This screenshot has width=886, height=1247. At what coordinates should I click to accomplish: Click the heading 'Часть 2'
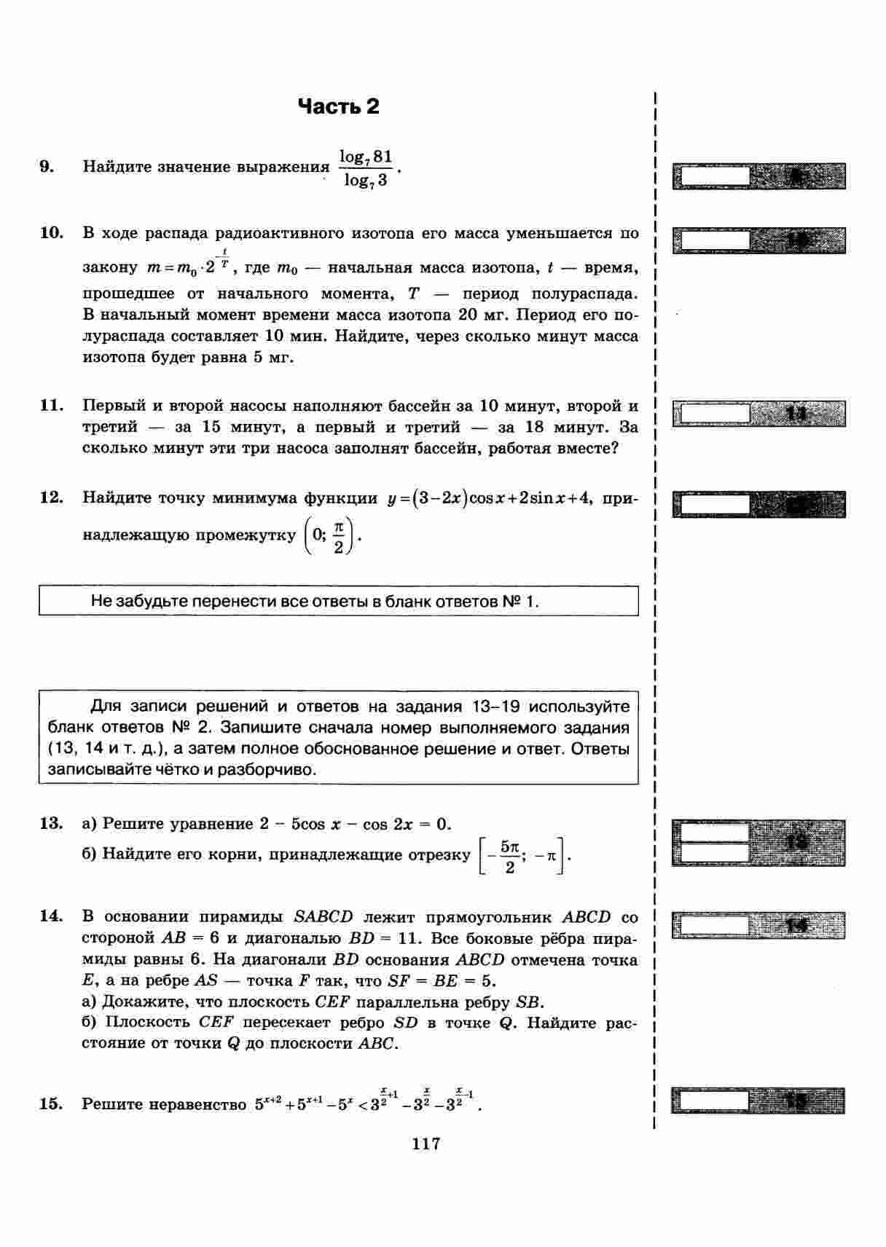pos(339,107)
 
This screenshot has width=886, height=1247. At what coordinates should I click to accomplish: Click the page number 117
pos(426,1144)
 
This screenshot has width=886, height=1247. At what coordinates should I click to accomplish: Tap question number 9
pos(47,167)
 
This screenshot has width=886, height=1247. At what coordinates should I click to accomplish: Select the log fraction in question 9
pos(366,168)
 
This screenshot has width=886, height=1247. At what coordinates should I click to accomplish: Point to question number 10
pos(51,233)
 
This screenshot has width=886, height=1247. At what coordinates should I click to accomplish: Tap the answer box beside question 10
pos(713,240)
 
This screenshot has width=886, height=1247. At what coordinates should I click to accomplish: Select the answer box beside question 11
pos(713,414)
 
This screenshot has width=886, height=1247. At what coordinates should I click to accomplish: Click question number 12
pos(51,498)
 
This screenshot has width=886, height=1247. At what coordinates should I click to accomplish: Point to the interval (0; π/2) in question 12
pos(329,536)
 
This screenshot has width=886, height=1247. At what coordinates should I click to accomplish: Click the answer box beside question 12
pos(713,504)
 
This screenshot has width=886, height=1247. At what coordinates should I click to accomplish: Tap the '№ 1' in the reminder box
pos(519,602)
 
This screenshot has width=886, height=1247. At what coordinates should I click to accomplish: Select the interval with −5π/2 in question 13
pos(523,856)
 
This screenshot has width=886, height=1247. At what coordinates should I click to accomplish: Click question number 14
pos(51,916)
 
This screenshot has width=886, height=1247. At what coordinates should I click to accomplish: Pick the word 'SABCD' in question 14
pos(323,917)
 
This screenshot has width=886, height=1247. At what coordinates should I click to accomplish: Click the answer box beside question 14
pos(713,925)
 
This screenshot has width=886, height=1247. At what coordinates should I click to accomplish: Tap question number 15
pos(51,1104)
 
